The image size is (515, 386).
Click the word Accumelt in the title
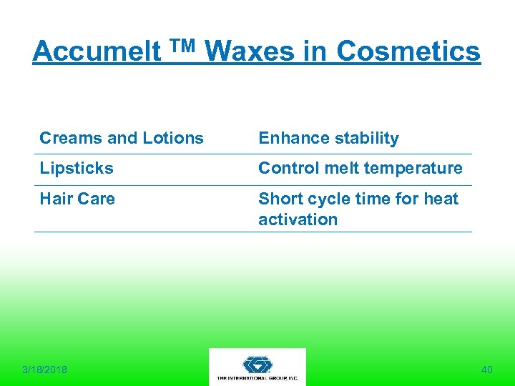[97, 51]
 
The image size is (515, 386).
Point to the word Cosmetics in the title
[408, 51]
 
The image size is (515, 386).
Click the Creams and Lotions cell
[122, 138]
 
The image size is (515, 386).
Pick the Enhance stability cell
[328, 138]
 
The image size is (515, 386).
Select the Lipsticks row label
[77, 168]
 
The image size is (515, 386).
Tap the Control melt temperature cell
[360, 168]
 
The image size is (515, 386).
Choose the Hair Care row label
[77, 199]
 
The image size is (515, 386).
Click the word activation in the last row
[298, 219]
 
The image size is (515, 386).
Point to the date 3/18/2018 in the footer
[44, 370]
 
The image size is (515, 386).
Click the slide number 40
[487, 370]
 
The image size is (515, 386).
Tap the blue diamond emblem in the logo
[257, 364]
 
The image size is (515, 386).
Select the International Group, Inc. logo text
[257, 378]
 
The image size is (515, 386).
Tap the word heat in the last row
[441, 199]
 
